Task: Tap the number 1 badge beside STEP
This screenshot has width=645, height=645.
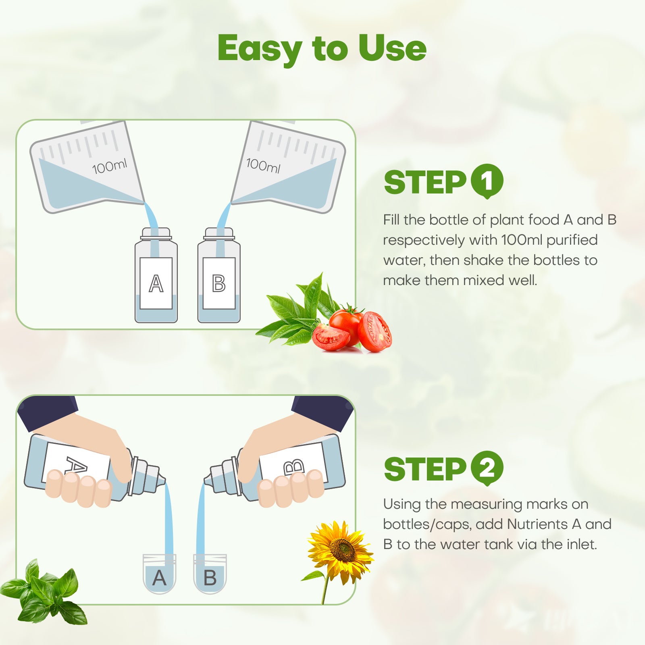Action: click(487, 181)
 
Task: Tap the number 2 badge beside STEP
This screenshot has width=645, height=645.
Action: click(487, 468)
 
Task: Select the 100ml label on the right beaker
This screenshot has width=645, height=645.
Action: click(263, 165)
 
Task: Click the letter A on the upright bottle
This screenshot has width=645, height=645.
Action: click(156, 283)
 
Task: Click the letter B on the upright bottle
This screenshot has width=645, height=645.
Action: click(219, 283)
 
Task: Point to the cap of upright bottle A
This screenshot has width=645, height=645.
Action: click(156, 233)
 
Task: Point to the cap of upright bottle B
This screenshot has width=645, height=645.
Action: click(219, 233)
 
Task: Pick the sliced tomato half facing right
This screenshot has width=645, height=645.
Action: click(374, 332)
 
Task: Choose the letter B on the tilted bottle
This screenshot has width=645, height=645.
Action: click(294, 467)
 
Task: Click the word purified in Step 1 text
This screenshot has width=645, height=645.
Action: click(572, 240)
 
